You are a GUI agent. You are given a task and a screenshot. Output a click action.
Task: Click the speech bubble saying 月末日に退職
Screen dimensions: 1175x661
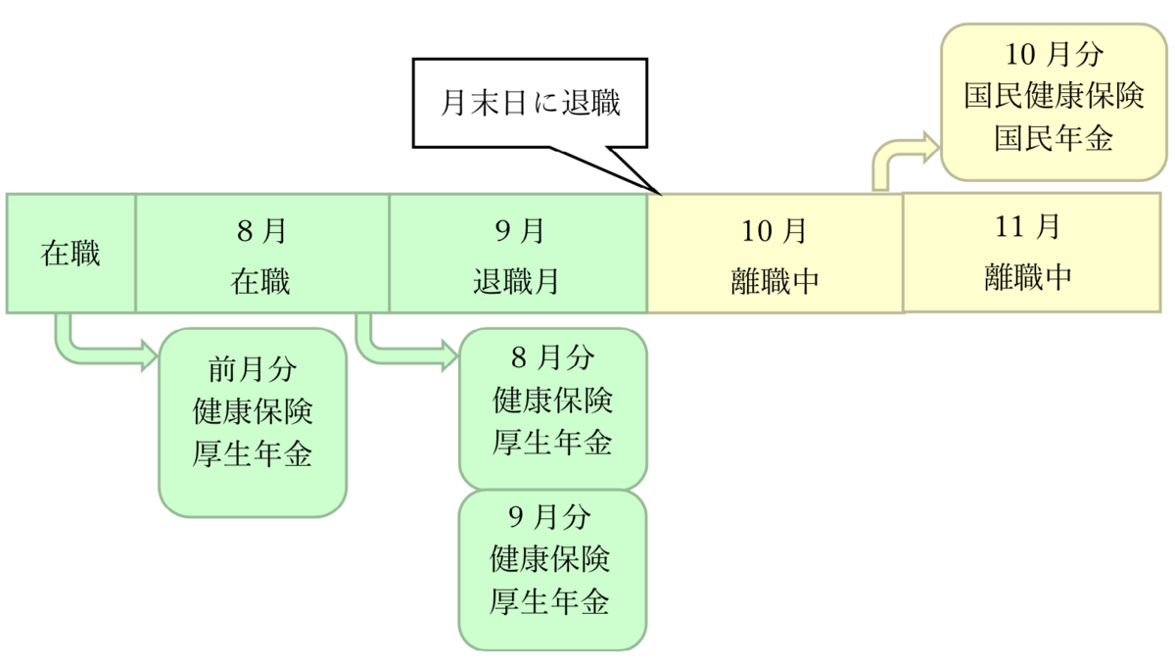pos(530,103)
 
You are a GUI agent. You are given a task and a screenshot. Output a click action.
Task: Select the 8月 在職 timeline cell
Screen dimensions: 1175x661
pos(262,254)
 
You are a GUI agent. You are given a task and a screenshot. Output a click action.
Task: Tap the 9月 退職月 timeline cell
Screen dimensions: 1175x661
pos(519,254)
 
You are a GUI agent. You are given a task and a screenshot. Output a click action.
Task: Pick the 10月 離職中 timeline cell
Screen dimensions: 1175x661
pos(775,254)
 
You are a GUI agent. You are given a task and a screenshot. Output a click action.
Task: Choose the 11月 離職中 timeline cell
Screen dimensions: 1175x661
pos(1032,253)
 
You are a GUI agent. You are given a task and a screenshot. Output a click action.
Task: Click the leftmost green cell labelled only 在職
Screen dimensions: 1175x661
pos(70,254)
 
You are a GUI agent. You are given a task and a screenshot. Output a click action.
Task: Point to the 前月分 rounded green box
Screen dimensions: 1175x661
pos(253,423)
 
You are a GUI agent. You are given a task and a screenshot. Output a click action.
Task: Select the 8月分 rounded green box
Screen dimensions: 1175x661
pos(553,409)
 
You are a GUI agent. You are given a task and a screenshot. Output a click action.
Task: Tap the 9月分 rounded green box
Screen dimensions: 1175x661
pos(553,570)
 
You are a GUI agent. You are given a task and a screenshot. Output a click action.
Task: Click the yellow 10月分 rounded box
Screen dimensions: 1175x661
pos(1054,102)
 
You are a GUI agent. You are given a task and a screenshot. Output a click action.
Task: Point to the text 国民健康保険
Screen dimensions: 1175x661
pos(1054,96)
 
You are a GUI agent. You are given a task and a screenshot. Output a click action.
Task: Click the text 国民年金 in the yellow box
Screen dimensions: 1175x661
pos(1054,138)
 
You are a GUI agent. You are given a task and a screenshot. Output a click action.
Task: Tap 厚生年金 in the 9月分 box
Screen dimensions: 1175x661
pos(549,601)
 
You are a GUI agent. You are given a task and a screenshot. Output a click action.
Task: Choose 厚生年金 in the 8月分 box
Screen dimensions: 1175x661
pos(552,442)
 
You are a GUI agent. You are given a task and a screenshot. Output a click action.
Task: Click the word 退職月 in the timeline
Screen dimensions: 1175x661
pos(516,281)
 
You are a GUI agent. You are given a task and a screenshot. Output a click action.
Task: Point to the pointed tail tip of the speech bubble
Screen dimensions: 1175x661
pos(661,195)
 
